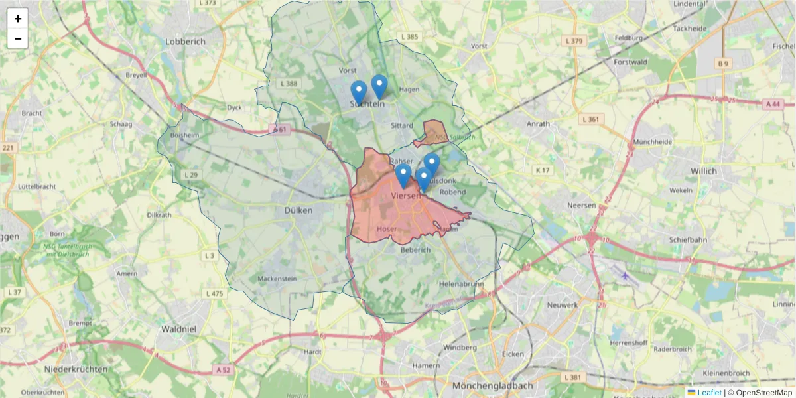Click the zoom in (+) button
pos(18,19)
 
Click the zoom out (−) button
pos(18,38)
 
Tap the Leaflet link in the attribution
pos(709,393)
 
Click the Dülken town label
pos(298,210)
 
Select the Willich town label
pos(703,171)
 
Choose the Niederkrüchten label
pos(76,369)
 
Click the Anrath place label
pos(537,124)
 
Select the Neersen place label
pos(582,206)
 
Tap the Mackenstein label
pos(277,279)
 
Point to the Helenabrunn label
pos(461,283)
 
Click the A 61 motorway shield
pos(279,130)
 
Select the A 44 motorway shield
pos(773,103)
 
